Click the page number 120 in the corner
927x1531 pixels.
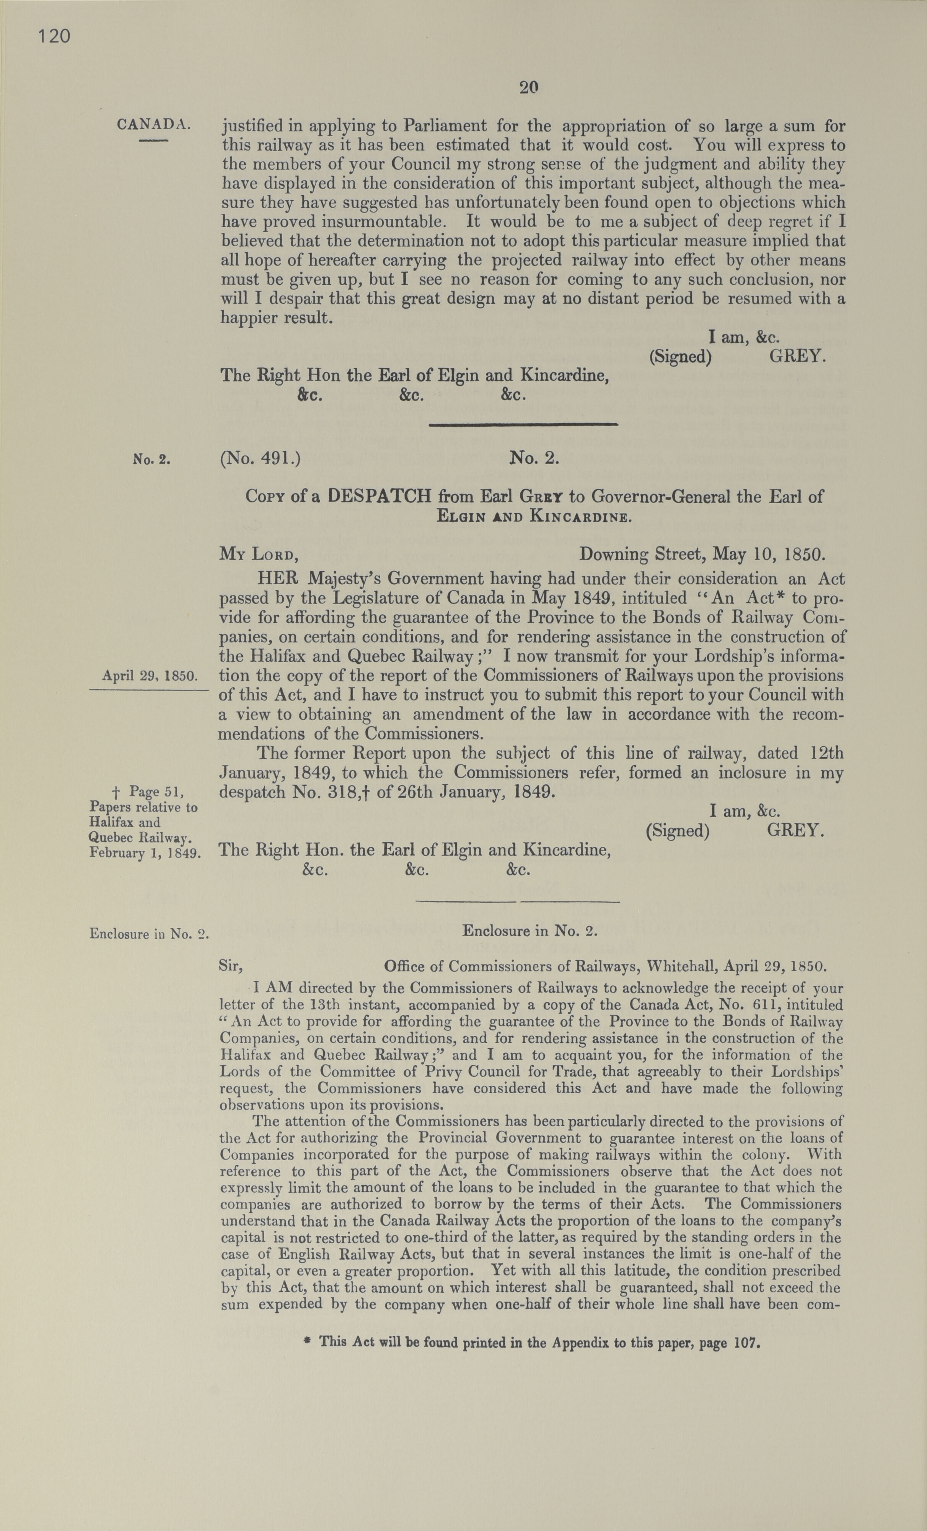coord(54,37)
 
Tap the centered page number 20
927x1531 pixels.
coord(528,88)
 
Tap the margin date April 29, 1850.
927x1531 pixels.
coord(150,676)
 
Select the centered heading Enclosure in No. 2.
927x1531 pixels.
coord(529,931)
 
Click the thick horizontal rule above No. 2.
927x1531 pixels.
coord(523,424)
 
